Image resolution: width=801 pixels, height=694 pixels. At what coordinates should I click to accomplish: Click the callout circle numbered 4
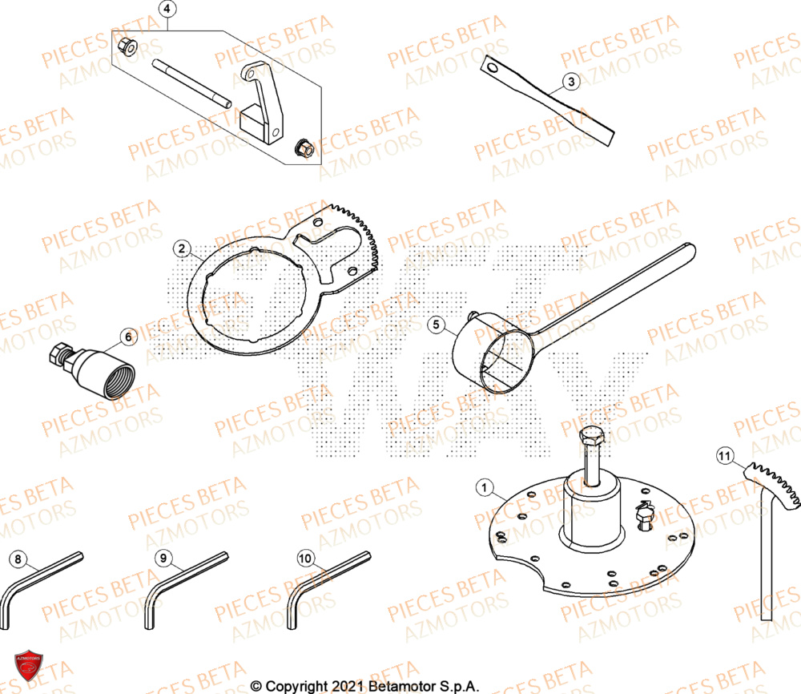167,10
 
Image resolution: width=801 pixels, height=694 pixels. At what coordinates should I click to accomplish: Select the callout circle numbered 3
570,81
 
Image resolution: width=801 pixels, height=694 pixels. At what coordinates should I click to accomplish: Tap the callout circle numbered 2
183,248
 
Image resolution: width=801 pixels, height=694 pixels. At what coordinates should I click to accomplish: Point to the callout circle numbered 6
127,337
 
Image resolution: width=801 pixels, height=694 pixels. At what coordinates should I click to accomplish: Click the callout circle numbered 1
483,486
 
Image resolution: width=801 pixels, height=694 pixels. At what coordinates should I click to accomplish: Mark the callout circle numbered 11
725,458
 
